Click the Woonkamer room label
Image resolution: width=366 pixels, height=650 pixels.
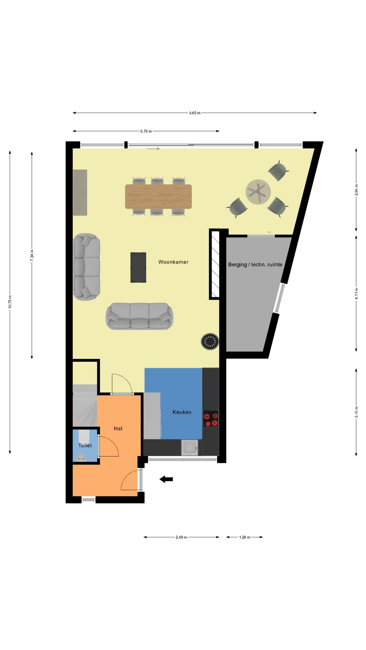(x=173, y=262)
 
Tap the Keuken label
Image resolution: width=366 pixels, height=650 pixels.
(x=182, y=412)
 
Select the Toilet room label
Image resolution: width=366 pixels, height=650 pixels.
(x=85, y=446)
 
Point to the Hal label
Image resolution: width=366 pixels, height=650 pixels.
(x=118, y=429)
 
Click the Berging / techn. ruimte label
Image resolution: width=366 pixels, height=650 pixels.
(x=255, y=265)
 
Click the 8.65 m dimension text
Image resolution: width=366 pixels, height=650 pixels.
(x=195, y=113)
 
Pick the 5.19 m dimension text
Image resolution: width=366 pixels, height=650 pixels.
(x=146, y=131)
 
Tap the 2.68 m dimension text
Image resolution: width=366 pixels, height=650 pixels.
(x=181, y=537)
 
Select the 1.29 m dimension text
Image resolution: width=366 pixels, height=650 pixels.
(x=245, y=537)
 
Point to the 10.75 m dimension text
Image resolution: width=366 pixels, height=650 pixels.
(x=10, y=302)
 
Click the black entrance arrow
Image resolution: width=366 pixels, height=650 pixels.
(x=166, y=479)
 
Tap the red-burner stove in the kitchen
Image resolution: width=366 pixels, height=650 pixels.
(x=211, y=418)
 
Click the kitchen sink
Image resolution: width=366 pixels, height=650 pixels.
(x=190, y=448)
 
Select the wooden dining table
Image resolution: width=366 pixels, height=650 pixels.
(x=158, y=196)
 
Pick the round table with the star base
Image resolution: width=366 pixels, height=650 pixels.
(x=258, y=192)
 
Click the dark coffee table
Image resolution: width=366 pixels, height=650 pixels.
(x=138, y=267)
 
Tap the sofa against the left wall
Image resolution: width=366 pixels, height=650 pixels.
(x=87, y=267)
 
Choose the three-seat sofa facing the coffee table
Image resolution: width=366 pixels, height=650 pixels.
(x=139, y=316)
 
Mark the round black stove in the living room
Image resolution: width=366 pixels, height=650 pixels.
(x=210, y=342)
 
